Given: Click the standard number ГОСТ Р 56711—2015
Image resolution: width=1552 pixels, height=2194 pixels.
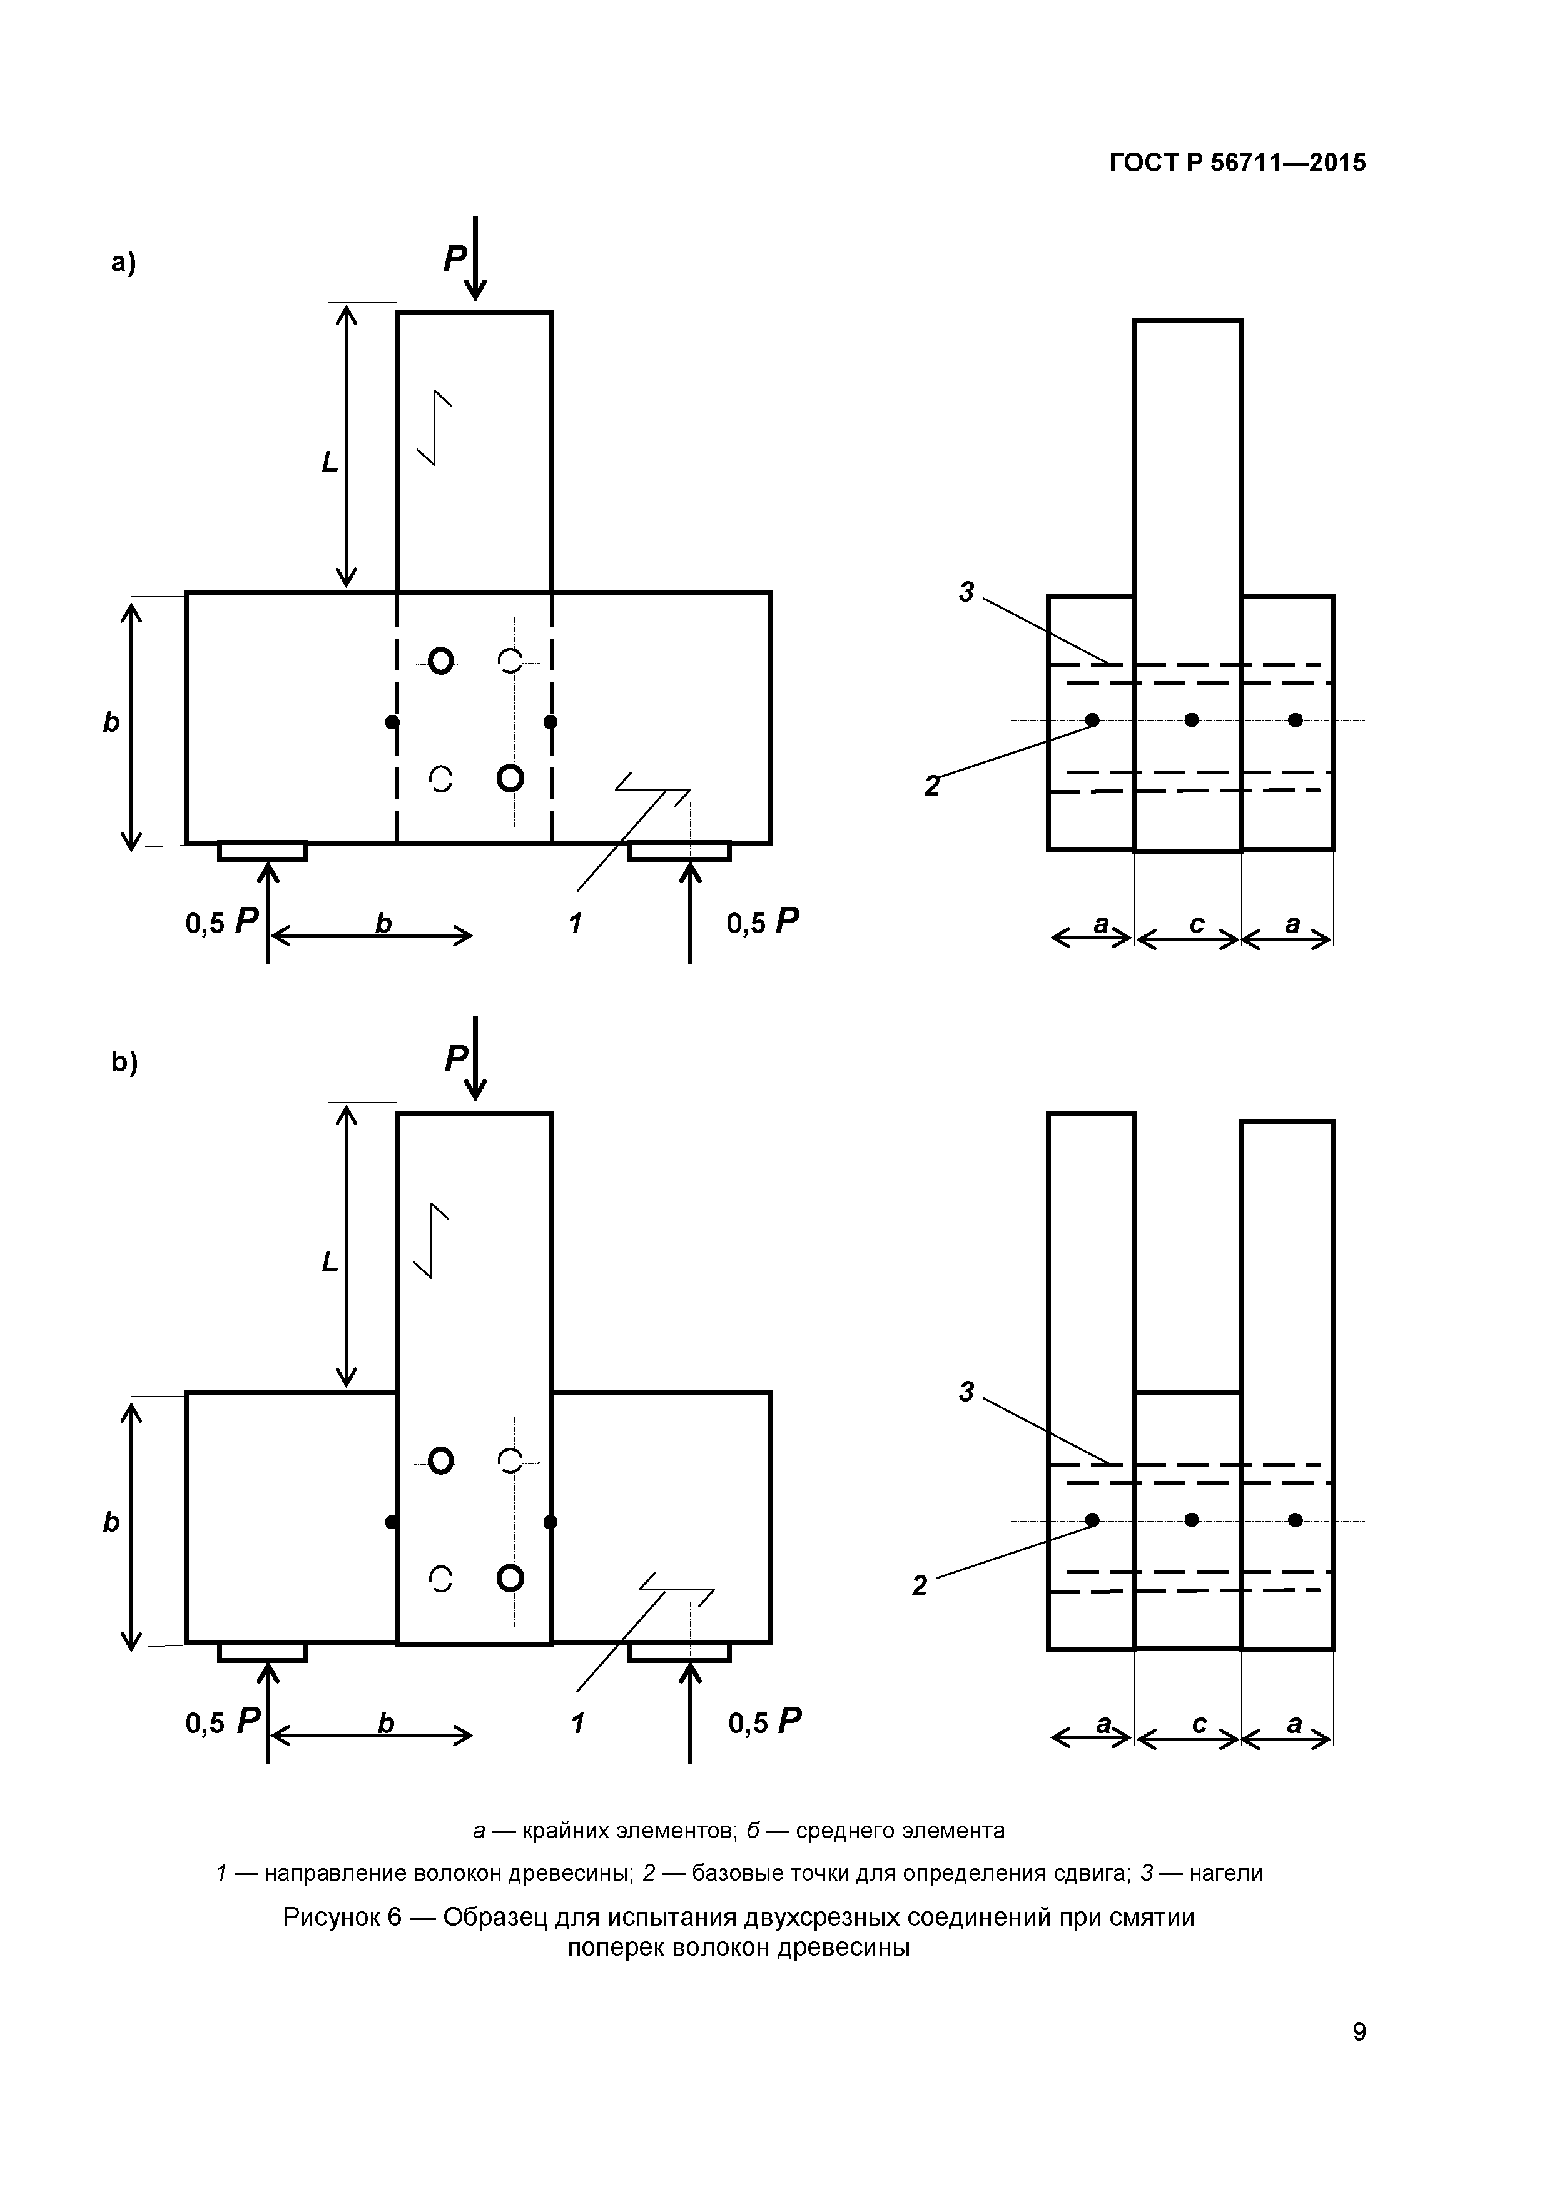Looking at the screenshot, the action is [1237, 163].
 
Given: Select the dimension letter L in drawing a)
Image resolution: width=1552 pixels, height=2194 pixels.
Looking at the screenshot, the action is [330, 462].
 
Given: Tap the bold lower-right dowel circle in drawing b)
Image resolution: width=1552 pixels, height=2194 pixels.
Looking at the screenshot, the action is [511, 1578].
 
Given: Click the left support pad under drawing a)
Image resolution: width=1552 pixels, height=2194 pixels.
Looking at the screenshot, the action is [262, 851].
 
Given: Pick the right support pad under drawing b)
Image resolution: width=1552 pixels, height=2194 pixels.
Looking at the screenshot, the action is [679, 1652].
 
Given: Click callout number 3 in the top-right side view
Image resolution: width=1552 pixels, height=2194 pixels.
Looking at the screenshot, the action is [966, 592].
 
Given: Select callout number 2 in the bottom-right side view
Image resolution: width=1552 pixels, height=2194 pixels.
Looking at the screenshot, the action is [920, 1586].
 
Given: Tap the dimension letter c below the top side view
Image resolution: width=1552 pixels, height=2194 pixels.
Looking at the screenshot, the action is [1197, 924].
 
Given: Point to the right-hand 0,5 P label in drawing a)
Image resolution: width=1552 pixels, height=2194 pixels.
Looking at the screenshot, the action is [763, 921].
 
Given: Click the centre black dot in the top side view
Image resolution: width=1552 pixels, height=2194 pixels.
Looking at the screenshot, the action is [1192, 719].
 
